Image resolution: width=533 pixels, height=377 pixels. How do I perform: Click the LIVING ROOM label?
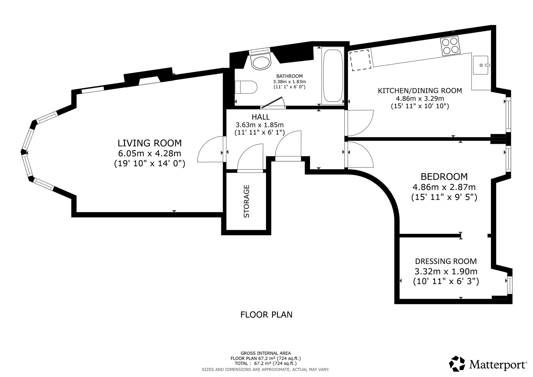pyautogui.click(x=150, y=143)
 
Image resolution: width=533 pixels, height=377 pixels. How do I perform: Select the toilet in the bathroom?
pyautogui.click(x=246, y=87)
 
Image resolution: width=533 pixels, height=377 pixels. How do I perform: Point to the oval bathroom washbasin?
pyautogui.click(x=261, y=63)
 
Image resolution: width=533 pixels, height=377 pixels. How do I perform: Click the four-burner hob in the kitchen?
pyautogui.click(x=450, y=46)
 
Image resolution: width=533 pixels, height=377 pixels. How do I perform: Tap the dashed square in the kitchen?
pyautogui.click(x=360, y=60)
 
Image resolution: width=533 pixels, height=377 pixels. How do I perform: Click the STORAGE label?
pyautogui.click(x=247, y=201)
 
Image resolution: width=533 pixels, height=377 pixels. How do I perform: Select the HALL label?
pyautogui.click(x=261, y=117)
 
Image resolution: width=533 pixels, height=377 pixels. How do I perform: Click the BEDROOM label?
pyautogui.click(x=444, y=177)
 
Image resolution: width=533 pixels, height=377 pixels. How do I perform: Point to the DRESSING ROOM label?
pyautogui.click(x=446, y=261)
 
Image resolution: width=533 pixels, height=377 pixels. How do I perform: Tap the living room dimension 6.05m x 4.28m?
pyautogui.click(x=150, y=154)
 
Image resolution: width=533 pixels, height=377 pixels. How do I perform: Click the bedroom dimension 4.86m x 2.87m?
pyautogui.click(x=444, y=187)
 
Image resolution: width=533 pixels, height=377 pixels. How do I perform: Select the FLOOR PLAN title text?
pyautogui.click(x=266, y=315)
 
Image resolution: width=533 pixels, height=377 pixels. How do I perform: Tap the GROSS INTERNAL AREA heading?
pyautogui.click(x=266, y=354)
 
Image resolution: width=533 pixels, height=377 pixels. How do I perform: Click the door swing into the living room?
pyautogui.click(x=211, y=149)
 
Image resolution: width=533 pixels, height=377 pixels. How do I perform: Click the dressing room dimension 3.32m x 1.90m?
pyautogui.click(x=446, y=271)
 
